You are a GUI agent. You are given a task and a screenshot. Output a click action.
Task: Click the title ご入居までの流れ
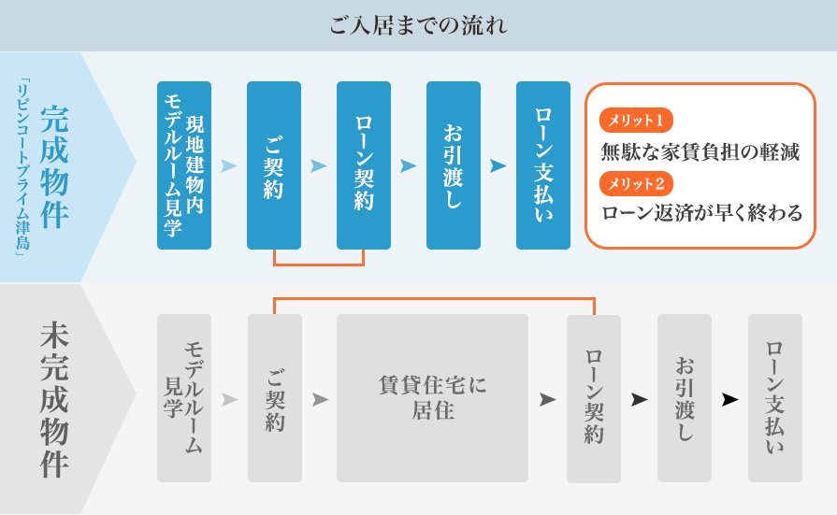[x=418, y=25]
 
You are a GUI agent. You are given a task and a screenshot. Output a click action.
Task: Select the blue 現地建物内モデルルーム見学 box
[x=184, y=165]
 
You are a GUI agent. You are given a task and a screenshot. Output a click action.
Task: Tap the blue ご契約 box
[x=274, y=165]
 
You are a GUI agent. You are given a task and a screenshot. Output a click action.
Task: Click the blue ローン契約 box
[x=364, y=165]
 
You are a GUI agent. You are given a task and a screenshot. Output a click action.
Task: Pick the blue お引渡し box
[x=454, y=165]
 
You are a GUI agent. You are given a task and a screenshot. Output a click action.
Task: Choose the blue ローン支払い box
[x=543, y=165]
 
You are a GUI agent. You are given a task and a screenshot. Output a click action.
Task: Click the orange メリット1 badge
[x=636, y=121]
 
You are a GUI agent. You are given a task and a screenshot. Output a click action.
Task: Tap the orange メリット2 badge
[x=636, y=182]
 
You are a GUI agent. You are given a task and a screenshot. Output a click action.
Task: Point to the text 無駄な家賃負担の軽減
[x=700, y=151]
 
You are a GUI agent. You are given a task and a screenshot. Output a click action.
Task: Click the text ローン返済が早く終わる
[x=701, y=213]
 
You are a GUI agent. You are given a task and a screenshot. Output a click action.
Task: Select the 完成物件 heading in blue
[x=55, y=166]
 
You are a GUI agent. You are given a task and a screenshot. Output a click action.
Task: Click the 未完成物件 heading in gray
[x=55, y=399]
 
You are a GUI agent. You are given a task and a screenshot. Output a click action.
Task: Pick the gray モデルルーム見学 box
[x=184, y=399]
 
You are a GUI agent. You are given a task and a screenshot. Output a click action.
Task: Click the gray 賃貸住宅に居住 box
[x=432, y=397]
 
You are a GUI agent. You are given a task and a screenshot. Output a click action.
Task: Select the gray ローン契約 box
[x=594, y=399]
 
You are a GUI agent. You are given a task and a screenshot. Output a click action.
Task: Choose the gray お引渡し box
[x=685, y=399]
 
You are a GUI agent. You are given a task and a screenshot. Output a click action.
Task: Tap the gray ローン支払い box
[x=775, y=399]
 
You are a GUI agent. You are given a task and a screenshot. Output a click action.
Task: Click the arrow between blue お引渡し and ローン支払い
[x=498, y=166]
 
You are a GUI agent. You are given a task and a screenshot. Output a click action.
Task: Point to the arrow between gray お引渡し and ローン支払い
[x=729, y=399]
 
